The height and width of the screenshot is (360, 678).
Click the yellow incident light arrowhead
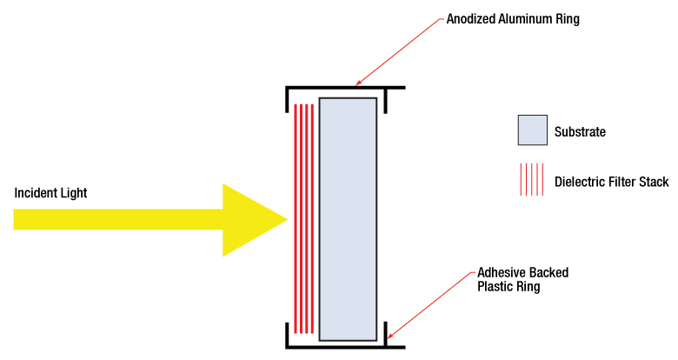tap(252, 220)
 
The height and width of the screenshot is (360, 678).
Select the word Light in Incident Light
tap(74, 192)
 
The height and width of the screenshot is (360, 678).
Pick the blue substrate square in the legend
tap(532, 130)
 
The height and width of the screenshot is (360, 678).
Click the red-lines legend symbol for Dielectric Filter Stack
tap(532, 180)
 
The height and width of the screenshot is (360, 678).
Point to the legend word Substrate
tap(580, 132)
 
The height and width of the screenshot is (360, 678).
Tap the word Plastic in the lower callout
tap(495, 286)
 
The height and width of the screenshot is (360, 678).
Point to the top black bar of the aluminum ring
tap(348, 88)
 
